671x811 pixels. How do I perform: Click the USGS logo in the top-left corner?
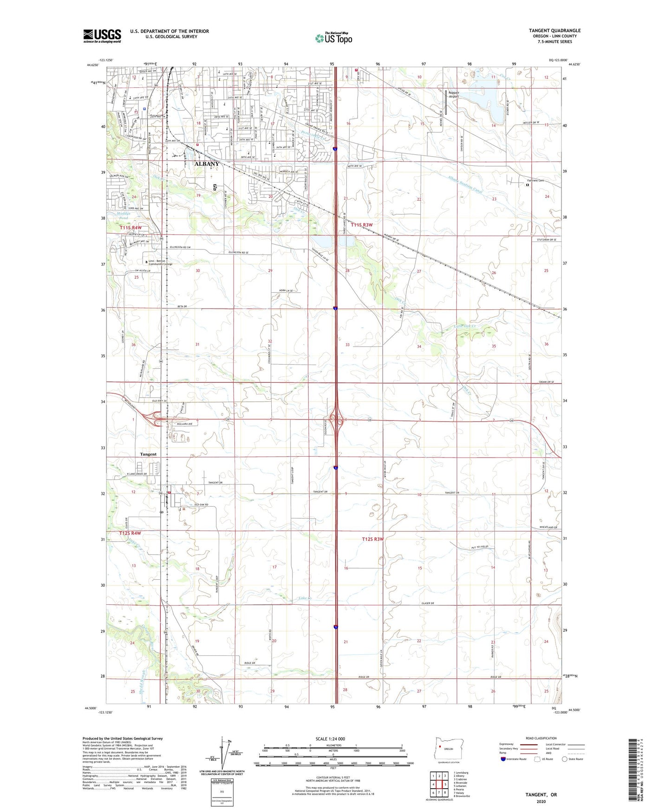tap(102, 36)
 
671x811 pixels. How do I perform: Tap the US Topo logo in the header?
tap(333, 38)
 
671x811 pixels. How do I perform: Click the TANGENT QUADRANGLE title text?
tap(554, 31)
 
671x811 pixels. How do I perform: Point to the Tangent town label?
tap(149, 454)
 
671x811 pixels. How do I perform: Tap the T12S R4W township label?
tap(130, 533)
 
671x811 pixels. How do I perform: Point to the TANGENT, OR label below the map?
tap(541, 795)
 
